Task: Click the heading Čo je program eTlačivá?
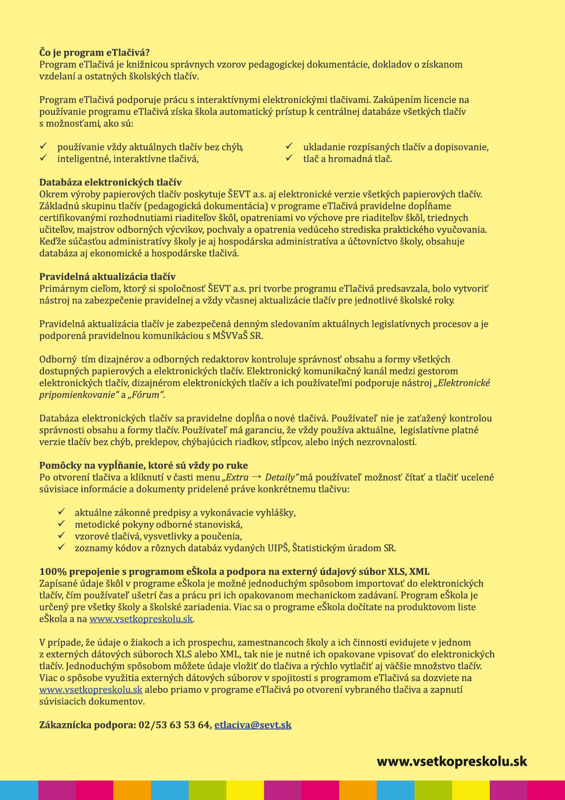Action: coord(94,52)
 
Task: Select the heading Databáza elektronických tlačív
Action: coord(110,183)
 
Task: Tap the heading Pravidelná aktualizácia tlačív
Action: coord(107,277)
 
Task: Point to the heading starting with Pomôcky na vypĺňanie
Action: coord(143,465)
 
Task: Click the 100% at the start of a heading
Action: coord(50,572)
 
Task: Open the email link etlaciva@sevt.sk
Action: coord(253,725)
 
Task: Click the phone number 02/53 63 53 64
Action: coord(174,725)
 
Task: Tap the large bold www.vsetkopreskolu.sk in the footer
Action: coord(452,761)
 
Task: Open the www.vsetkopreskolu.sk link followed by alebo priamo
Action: coord(91,690)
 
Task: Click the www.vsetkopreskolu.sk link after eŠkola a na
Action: coord(141,619)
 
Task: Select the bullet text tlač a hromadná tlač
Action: coord(347,159)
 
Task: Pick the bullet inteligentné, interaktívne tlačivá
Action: coord(128,159)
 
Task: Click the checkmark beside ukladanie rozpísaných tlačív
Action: coord(289,146)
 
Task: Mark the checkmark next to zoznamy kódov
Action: coord(61,547)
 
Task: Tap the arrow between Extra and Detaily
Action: coord(256,477)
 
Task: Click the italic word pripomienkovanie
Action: coord(76,395)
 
